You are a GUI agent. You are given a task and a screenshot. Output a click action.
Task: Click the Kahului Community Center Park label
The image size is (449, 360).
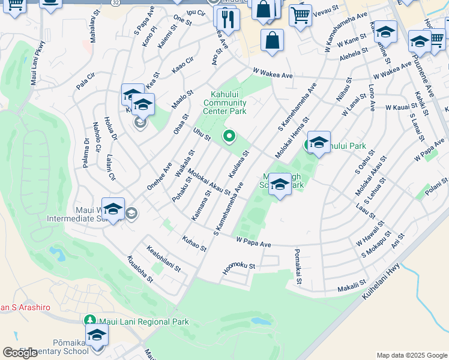click(229, 103)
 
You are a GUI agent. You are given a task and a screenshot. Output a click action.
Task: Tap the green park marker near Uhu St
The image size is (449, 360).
click(229, 137)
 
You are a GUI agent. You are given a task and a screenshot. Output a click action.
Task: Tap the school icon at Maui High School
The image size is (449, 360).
click(280, 184)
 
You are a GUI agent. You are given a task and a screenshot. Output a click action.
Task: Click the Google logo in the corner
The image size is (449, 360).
click(20, 353)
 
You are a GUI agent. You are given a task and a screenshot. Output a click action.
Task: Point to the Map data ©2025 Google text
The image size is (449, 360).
click(412, 355)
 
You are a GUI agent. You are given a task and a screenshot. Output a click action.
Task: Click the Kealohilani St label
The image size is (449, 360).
click(163, 258)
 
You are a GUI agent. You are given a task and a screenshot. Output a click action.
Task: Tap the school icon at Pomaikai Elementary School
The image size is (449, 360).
click(96, 335)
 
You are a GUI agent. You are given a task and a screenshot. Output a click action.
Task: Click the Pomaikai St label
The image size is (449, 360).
click(297, 268)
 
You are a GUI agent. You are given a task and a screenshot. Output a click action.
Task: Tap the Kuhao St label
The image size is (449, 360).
click(194, 243)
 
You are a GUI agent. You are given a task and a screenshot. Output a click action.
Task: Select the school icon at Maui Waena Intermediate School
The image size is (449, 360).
click(113, 209)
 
